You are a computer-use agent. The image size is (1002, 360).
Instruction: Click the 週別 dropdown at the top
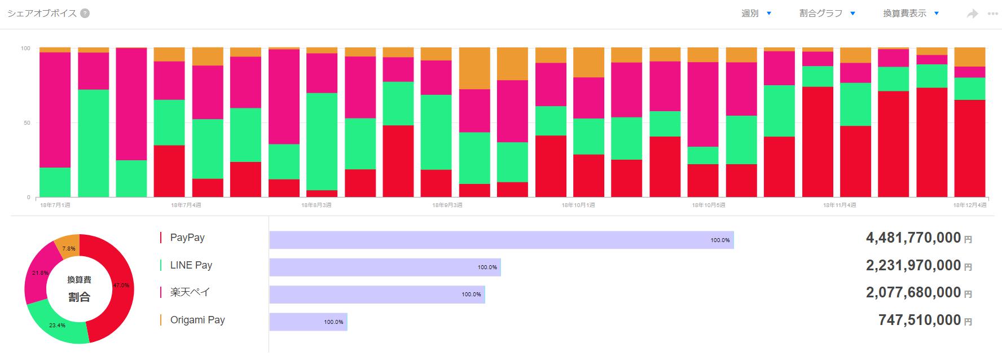coord(756,14)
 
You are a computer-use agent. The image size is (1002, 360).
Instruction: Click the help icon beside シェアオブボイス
coord(85,14)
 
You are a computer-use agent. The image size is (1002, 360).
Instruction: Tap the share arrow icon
coord(972,14)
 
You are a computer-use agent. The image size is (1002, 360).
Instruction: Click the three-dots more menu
coord(992,14)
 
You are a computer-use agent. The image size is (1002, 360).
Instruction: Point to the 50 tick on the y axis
coord(25,123)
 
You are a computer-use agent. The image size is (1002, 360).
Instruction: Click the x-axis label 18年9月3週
coord(447,205)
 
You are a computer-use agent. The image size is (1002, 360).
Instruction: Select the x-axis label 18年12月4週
coord(970,205)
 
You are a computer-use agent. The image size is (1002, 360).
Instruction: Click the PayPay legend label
coord(187,238)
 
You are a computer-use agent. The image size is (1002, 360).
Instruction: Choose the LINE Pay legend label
coord(191,265)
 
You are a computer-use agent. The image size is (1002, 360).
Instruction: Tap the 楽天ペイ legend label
coord(190,292)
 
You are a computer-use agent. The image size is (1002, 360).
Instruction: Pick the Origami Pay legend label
coord(197,320)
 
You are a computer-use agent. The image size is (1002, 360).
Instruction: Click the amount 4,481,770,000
coord(913,238)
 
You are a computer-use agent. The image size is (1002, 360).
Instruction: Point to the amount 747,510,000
coord(919,321)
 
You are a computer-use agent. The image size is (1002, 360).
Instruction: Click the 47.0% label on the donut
coord(121,286)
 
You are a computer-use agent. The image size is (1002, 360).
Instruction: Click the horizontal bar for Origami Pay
coord(308,322)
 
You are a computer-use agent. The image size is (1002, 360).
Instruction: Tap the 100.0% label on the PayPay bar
coord(720,240)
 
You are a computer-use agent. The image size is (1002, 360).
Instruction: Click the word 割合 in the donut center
coord(79,297)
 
